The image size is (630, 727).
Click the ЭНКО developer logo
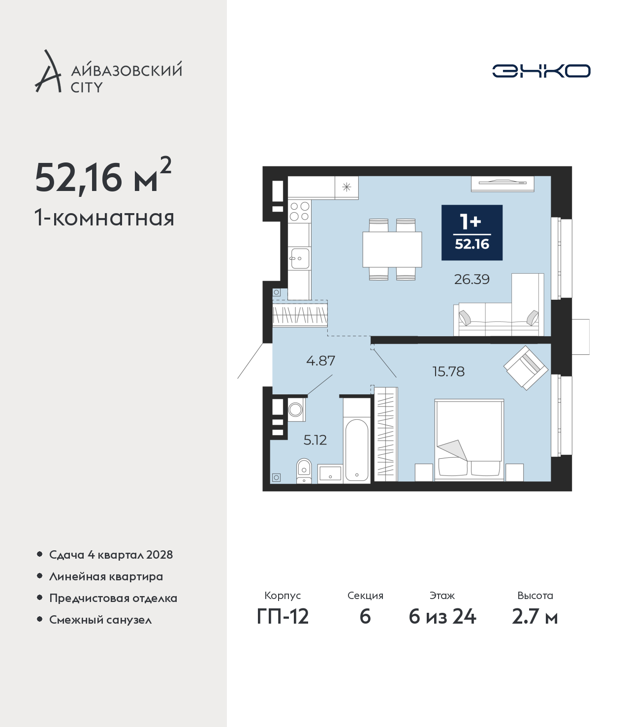541,71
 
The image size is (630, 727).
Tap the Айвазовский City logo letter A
48,71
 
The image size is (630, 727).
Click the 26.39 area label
472,279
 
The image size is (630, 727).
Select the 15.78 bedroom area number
448,372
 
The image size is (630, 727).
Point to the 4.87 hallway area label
320,360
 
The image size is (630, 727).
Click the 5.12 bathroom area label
315,440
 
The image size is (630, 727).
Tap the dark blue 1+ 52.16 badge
472,232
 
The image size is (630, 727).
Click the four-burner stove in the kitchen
299,211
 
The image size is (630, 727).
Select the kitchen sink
300,258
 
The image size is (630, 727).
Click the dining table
392,250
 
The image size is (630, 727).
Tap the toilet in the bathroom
304,471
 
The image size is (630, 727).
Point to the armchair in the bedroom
526,368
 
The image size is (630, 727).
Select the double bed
469,440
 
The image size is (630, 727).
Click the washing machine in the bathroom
295,410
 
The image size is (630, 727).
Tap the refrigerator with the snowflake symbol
346,187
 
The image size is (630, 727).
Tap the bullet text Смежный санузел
100,620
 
